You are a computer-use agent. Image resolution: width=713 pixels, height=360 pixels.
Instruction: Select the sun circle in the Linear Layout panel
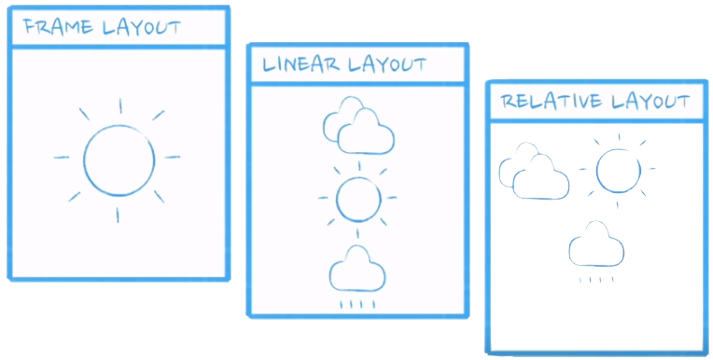point(357,198)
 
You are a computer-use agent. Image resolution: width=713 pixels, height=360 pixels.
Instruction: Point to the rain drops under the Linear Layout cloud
point(357,303)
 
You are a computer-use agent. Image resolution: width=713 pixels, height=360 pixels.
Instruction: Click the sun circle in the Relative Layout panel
point(618,170)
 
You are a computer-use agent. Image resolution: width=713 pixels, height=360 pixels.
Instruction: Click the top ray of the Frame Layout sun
point(119,105)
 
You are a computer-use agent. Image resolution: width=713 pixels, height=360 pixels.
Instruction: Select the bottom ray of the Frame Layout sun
point(118,215)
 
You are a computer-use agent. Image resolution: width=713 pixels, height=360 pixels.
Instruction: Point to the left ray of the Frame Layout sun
point(62,158)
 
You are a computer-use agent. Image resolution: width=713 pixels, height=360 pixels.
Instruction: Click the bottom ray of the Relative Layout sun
point(617,202)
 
